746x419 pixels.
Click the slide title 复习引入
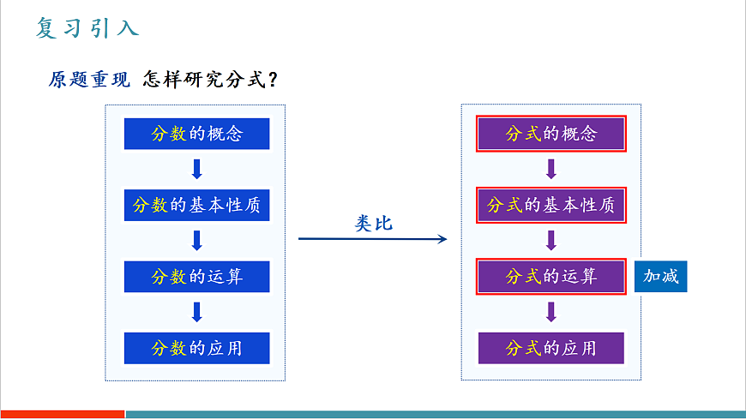[87, 27]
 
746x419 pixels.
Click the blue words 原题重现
[89, 80]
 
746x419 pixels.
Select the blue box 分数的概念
[196, 134]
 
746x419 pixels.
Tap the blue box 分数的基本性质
[196, 206]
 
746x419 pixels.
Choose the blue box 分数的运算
[196, 277]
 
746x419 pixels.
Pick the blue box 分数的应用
[196, 348]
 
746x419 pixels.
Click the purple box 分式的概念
[551, 134]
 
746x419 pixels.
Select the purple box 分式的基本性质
[551, 206]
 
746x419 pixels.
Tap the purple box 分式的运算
[551, 277]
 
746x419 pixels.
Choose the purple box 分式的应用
[551, 348]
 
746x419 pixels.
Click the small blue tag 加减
[660, 277]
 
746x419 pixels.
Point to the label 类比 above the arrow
[373, 223]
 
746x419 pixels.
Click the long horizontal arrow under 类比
[373, 238]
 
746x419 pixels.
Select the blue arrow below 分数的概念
[196, 169]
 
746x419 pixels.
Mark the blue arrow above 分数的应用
[196, 312]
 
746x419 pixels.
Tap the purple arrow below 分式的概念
[551, 169]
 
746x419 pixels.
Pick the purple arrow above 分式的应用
[551, 312]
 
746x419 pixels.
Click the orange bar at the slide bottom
[62, 414]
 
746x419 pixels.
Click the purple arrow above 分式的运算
[551, 241]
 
